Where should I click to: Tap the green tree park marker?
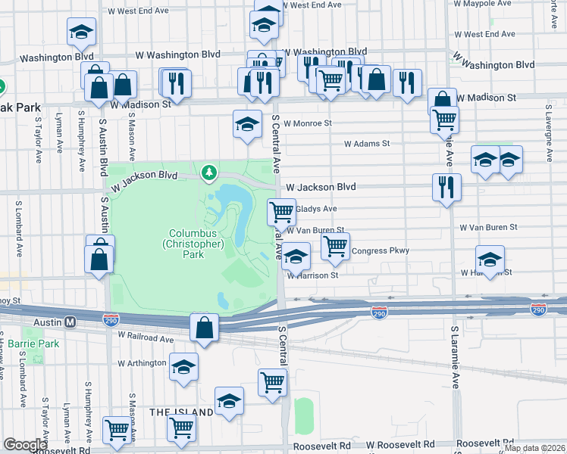tap(208, 174)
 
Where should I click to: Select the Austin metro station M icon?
tap(70, 322)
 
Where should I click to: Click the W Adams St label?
tap(366, 143)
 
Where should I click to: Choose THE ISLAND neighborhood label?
tap(181, 412)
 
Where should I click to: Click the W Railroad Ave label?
tap(145, 338)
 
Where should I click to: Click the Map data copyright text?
tap(537, 446)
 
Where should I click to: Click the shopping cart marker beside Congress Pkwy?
tap(334, 245)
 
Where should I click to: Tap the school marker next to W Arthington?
tap(183, 367)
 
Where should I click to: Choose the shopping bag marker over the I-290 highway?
tap(204, 328)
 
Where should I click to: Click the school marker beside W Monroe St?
tap(246, 124)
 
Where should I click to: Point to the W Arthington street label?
tap(142, 363)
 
